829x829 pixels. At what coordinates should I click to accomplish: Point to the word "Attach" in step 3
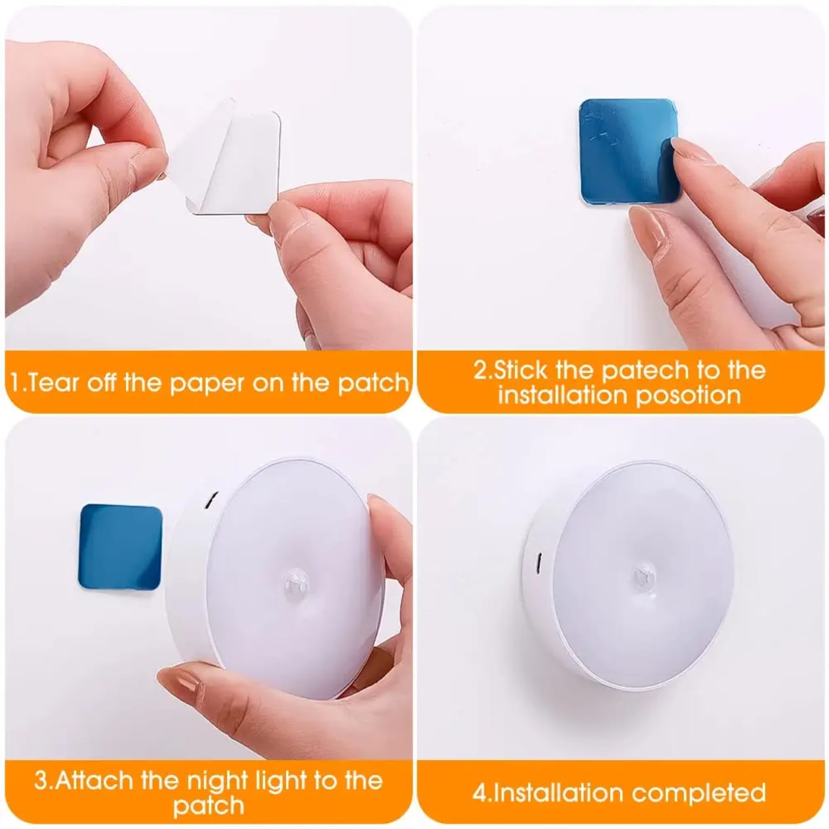click(93, 781)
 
